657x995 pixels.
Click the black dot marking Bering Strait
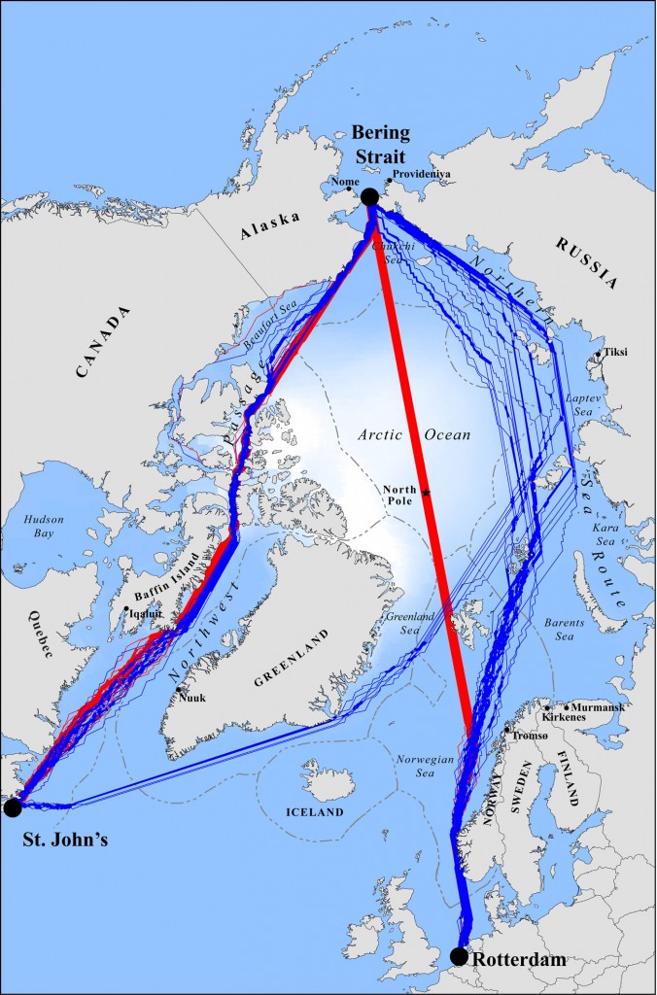click(x=369, y=197)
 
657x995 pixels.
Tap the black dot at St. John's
click(x=12, y=806)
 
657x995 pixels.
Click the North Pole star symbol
click(x=426, y=494)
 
